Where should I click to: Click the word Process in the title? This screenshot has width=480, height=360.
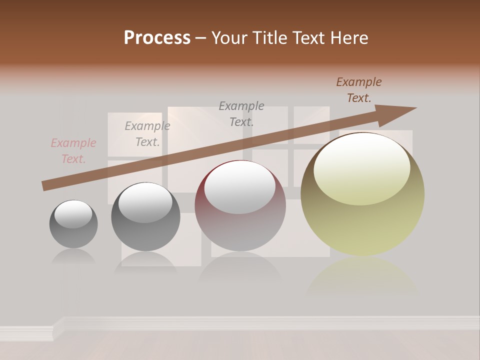point(157,38)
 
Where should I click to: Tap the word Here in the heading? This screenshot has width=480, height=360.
point(348,38)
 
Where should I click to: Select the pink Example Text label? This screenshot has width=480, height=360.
point(73,151)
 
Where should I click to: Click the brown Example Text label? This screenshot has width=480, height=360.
point(359,90)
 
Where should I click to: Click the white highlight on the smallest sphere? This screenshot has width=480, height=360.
point(73,214)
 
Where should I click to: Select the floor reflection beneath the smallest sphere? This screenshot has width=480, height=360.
point(73,257)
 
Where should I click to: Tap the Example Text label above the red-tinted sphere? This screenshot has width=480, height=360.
point(241,113)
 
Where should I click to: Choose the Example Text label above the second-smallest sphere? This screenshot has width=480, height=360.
point(147,134)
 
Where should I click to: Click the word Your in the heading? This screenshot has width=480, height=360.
point(229,38)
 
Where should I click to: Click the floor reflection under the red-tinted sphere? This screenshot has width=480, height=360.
point(240,267)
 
